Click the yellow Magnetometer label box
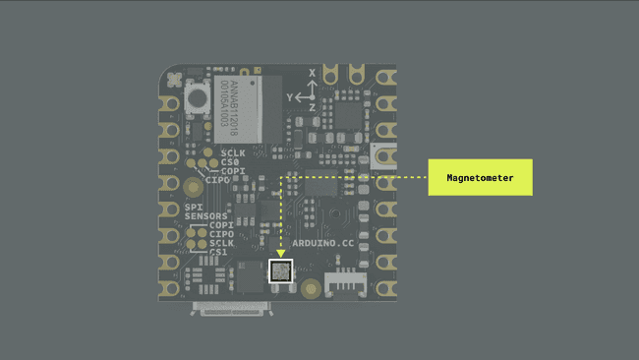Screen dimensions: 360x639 tap(480, 178)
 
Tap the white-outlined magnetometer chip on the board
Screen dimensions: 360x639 tap(281, 270)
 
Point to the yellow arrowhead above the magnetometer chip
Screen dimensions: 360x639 tap(281, 254)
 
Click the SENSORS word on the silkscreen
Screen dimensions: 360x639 tap(205, 215)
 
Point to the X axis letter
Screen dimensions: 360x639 tap(313, 74)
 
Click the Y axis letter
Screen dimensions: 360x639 tap(290, 98)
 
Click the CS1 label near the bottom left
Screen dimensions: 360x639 tap(218, 252)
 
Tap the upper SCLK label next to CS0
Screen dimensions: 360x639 tap(233, 152)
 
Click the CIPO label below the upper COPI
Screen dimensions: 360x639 tap(217, 180)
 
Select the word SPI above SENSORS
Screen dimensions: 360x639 tap(193, 207)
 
